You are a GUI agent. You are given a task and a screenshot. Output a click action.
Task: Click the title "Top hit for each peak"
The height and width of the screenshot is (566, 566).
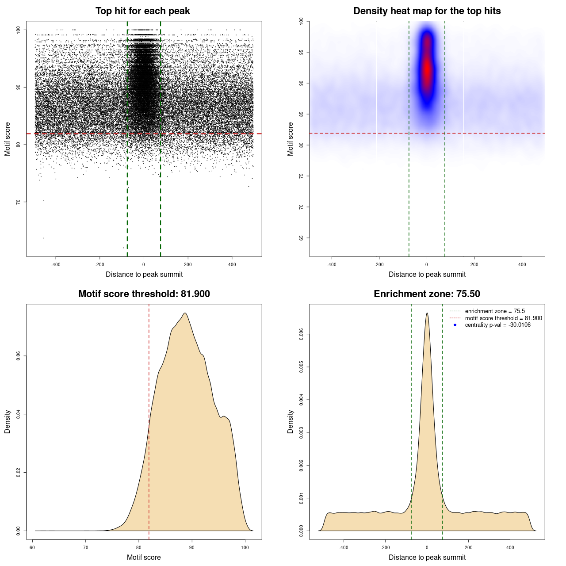(142, 11)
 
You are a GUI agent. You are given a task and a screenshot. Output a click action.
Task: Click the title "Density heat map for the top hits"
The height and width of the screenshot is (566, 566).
(427, 11)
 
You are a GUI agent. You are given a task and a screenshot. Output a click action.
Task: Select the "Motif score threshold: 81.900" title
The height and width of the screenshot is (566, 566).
(144, 294)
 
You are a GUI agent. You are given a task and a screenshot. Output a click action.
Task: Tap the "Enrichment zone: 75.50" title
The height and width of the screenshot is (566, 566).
(427, 294)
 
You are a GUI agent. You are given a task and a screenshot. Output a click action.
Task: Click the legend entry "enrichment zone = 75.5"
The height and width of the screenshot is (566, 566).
(495, 311)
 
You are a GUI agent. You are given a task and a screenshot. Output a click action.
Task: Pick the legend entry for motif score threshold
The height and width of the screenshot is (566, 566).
(503, 318)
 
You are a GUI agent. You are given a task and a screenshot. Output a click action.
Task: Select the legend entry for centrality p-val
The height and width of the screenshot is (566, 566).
(497, 325)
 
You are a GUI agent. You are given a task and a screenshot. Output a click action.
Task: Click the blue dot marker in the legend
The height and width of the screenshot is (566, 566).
(455, 325)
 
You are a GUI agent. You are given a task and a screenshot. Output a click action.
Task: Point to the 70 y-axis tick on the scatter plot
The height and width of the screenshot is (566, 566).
(18, 202)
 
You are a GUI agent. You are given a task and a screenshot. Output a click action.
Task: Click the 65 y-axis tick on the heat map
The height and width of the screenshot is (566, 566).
(302, 238)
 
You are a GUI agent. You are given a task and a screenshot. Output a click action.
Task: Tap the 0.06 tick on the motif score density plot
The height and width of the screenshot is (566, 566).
(18, 356)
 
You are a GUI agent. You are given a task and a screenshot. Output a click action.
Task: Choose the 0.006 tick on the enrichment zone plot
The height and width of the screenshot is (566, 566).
(302, 334)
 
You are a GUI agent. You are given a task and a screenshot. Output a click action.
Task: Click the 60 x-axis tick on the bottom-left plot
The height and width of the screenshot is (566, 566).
(32, 547)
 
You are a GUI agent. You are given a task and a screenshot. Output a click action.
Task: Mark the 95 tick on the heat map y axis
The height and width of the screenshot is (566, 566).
(302, 52)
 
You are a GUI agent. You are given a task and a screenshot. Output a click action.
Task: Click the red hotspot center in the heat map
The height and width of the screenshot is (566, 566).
(427, 69)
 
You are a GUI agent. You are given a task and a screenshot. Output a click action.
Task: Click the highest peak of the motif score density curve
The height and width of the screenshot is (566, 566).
(185, 313)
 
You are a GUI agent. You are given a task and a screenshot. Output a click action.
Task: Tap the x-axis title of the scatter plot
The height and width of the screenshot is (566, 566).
(144, 275)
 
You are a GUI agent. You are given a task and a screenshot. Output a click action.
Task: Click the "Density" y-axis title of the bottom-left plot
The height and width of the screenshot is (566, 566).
(8, 421)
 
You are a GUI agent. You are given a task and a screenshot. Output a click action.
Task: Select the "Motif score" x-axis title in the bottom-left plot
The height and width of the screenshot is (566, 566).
(144, 558)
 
